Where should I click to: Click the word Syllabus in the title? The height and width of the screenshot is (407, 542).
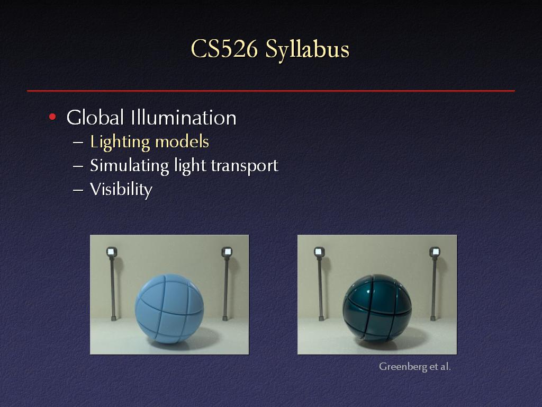pyautogui.click(x=308, y=50)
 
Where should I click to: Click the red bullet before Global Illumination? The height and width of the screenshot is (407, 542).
pyautogui.click(x=52, y=117)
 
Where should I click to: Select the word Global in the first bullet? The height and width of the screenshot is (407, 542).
pyautogui.click(x=95, y=117)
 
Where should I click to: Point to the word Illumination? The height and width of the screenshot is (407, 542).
pyautogui.click(x=184, y=117)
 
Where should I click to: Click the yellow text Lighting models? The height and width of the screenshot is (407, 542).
pyautogui.click(x=149, y=142)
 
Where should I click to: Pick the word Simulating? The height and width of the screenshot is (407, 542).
pyautogui.click(x=129, y=166)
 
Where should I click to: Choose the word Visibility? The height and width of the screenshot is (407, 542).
pyautogui.click(x=121, y=190)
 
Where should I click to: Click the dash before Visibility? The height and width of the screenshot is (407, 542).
pyautogui.click(x=78, y=190)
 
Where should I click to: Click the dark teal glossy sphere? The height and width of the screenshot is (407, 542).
pyautogui.click(x=377, y=308)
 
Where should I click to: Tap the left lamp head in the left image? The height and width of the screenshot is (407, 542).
pyautogui.click(x=112, y=252)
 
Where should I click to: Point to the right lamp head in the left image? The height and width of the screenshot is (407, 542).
pyautogui.click(x=227, y=252)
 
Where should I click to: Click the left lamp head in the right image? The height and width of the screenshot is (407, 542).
pyautogui.click(x=319, y=252)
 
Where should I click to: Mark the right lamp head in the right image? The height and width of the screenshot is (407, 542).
pyautogui.click(x=435, y=252)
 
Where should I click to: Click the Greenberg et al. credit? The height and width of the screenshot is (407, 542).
pyautogui.click(x=415, y=367)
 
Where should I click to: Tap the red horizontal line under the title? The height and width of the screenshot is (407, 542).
pyautogui.click(x=271, y=91)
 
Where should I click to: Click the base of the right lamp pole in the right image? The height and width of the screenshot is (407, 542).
pyautogui.click(x=433, y=317)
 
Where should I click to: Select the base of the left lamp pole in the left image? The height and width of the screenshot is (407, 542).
pyautogui.click(x=113, y=317)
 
